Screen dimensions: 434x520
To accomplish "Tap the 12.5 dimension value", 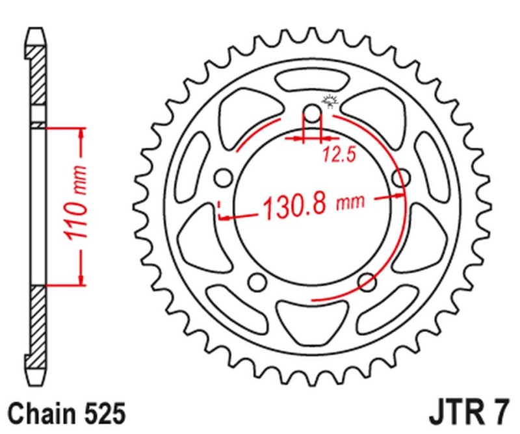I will pyautogui.click(x=332, y=155).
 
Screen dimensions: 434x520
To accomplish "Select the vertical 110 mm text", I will pyautogui.click(x=77, y=207).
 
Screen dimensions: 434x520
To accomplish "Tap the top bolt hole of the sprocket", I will pyautogui.click(x=313, y=116).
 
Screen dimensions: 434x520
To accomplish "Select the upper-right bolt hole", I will pyautogui.click(x=402, y=177).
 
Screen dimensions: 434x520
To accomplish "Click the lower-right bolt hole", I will pyautogui.click(x=367, y=281).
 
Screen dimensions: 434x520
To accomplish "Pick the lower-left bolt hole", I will pyautogui.click(x=258, y=281).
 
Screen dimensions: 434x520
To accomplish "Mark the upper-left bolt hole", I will pyautogui.click(x=224, y=177).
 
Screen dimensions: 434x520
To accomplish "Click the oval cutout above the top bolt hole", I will pyautogui.click(x=312, y=83).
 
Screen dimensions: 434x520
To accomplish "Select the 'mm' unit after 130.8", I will pyautogui.click(x=349, y=204).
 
